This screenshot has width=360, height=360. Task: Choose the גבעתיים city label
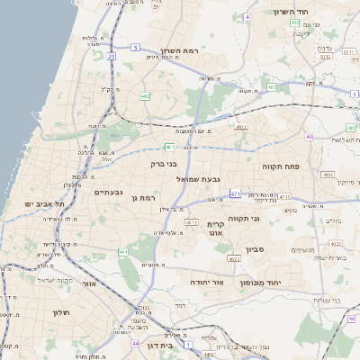click(x=108, y=192)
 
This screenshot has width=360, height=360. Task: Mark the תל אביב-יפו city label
click(x=40, y=204)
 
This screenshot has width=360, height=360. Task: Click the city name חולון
click(x=61, y=312)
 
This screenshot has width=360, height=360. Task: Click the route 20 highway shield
click(x=112, y=56)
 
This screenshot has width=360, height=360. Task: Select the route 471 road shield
click(x=234, y=193)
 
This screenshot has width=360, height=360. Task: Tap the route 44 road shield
click(x=135, y=344)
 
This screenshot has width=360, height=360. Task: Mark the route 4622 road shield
click(x=234, y=258)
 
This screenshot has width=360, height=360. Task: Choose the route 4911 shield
click(x=240, y=128)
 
